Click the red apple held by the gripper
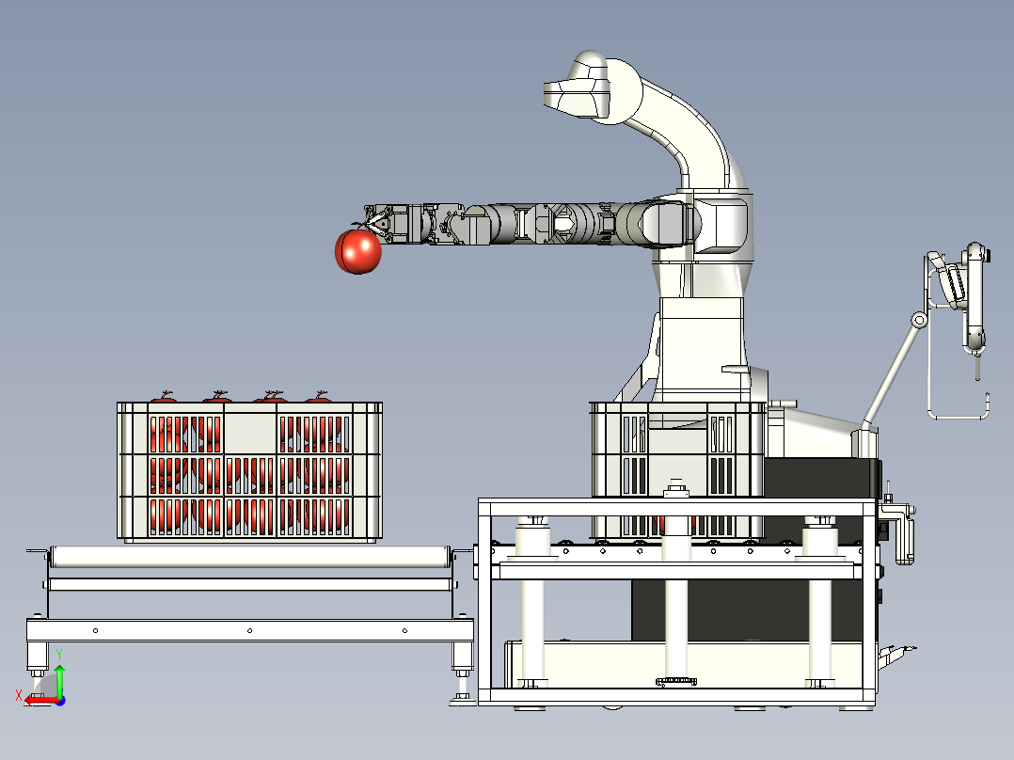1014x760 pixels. coord(358,251)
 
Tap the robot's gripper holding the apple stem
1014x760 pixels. coord(378,221)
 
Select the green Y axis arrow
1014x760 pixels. coord(59,678)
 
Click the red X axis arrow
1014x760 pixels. coord(41,700)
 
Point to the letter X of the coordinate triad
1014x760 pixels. coord(19,695)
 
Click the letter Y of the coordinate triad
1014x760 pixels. coord(59,655)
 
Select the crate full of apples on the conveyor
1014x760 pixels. coord(249,470)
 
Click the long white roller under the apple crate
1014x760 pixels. coord(249,557)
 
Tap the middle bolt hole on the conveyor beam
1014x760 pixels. coord(249,630)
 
